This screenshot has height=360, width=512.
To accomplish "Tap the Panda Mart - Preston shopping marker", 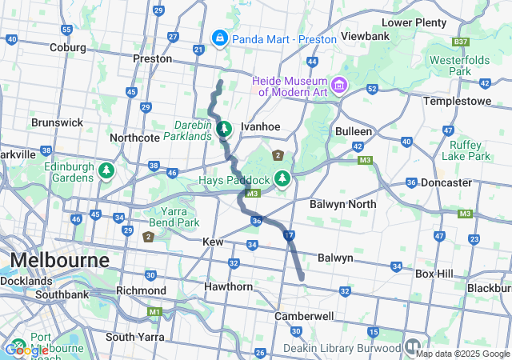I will pos(218,38).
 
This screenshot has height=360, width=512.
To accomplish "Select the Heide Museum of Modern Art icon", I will pos(339,84).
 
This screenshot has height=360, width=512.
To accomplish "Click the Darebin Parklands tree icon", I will pos(225,128).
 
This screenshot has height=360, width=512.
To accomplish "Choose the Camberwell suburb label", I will pos(304,316).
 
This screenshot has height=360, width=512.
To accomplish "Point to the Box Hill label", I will pos(434,274).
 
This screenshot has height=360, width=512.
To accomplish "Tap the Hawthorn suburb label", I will pos(228,286).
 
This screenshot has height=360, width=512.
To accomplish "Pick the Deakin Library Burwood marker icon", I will pos(412,346).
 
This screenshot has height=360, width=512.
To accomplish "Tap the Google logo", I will pos(27,350).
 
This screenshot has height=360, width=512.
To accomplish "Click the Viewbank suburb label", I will pos(365,37).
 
